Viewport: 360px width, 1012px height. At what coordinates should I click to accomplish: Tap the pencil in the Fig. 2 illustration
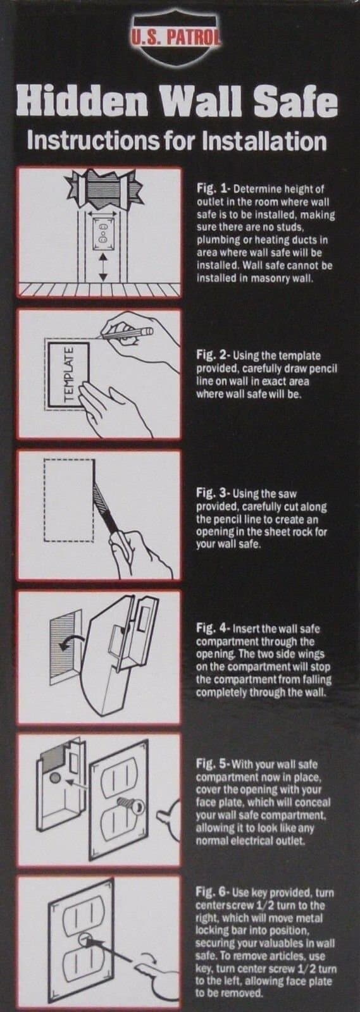pyautogui.click(x=127, y=333)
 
